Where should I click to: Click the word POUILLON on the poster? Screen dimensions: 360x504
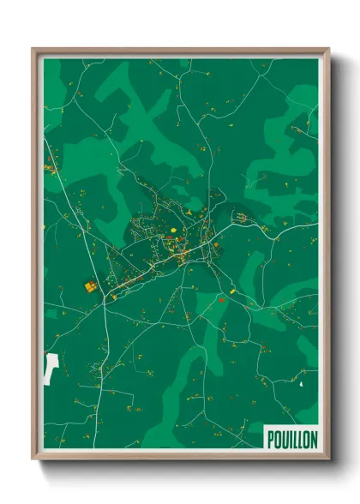coord(291,438)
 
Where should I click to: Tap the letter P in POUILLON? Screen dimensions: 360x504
coord(271,438)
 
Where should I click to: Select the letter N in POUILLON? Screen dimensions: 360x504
coord(313,438)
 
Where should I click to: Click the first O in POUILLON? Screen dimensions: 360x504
coord(277,438)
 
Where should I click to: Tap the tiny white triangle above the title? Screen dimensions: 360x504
coord(302,384)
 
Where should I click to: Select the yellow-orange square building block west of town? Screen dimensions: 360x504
coord(87,285)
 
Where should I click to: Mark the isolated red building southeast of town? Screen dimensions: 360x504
coord(220,300)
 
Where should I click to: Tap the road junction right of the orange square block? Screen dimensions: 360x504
coord(104,296)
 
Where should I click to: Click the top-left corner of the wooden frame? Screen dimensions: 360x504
coord(33,48)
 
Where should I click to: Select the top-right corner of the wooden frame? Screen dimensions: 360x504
coord(329,48)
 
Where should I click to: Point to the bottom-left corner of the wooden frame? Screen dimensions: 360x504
coord(33,459)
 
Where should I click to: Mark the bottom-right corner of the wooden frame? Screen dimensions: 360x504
coord(329,459)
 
